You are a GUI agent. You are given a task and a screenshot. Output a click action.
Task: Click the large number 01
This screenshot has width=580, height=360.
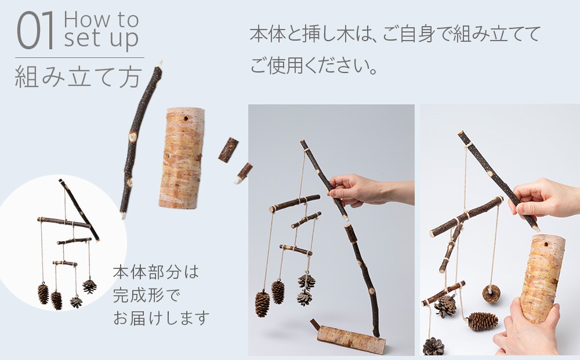pyautogui.click(x=35, y=31)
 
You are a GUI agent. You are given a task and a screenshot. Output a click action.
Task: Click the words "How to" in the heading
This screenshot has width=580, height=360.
pyautogui.click(x=101, y=19)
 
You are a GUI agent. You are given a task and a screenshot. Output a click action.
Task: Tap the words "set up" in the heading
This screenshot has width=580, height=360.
pyautogui.click(x=101, y=38)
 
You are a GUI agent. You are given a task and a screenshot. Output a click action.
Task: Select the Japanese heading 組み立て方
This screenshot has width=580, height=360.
pyautogui.click(x=78, y=77)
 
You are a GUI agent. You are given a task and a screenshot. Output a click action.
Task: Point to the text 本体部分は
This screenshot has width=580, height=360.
pyautogui.click(x=155, y=272)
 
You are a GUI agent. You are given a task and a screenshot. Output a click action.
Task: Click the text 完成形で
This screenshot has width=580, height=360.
pyautogui.click(x=147, y=295)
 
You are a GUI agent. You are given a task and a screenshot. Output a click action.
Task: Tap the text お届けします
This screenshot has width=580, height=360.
pyautogui.click(x=161, y=318)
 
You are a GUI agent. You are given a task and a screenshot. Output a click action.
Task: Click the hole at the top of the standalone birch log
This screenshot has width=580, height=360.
pyautogui.click(x=185, y=119)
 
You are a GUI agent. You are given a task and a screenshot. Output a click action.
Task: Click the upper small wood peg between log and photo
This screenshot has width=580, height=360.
pyautogui.click(x=228, y=150)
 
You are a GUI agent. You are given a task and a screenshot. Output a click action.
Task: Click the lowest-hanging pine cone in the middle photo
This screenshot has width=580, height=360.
pyautogui.click(x=262, y=304)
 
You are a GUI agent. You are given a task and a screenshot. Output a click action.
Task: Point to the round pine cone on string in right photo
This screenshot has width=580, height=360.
pyautogui.click(x=491, y=294)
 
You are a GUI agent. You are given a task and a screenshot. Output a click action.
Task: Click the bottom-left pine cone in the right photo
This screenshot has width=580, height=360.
pyautogui.click(x=433, y=346)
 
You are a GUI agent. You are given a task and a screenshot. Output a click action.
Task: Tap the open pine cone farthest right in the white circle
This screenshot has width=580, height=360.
pyautogui.click(x=89, y=286)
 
